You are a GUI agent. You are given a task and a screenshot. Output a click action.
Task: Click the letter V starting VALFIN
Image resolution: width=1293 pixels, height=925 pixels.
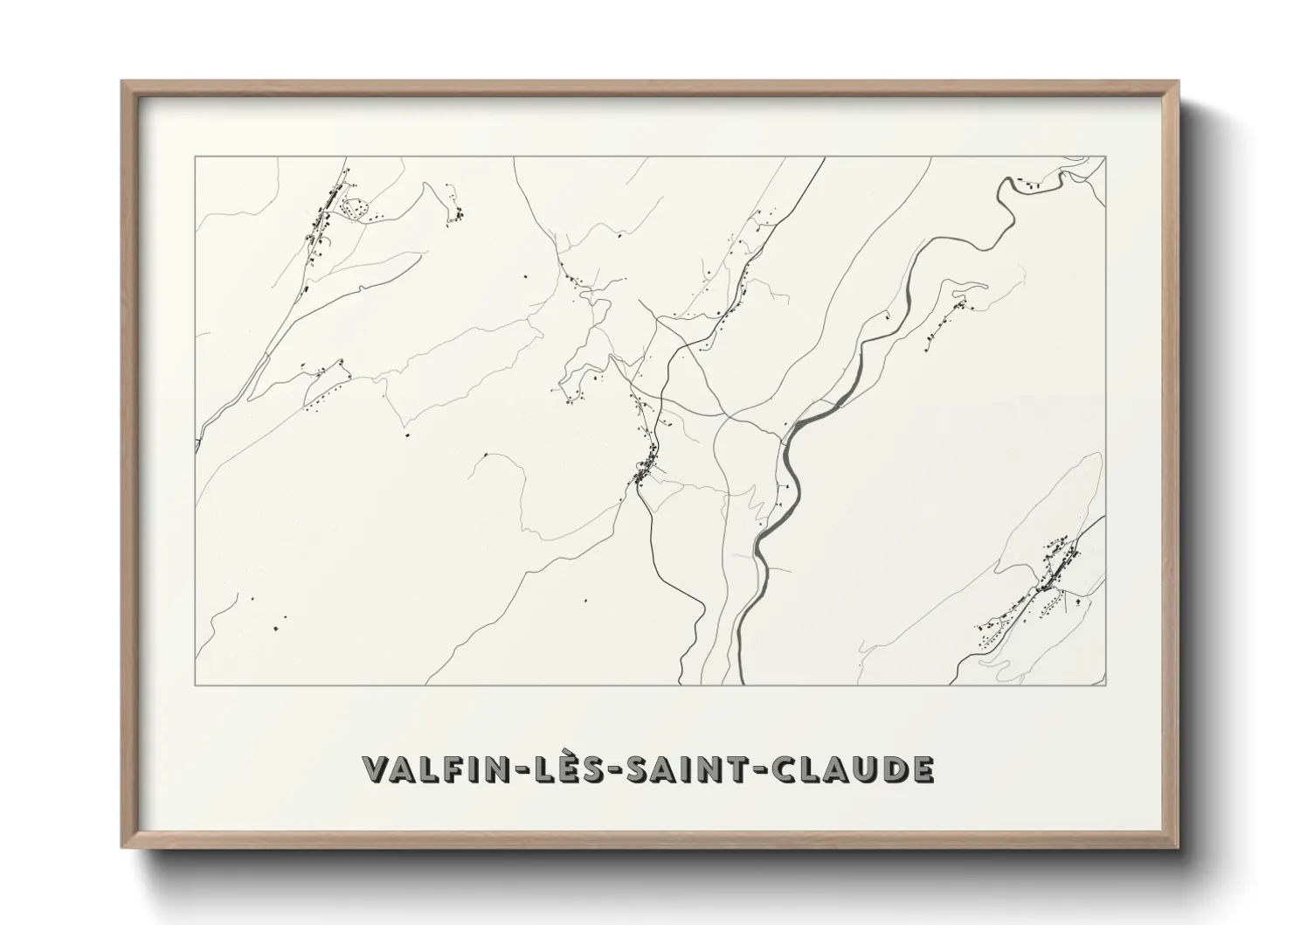click(376, 769)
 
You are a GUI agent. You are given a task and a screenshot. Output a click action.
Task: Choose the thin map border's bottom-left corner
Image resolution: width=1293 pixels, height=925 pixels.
click(196, 685)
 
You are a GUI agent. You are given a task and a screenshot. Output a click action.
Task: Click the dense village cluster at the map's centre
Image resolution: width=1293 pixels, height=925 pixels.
click(645, 474)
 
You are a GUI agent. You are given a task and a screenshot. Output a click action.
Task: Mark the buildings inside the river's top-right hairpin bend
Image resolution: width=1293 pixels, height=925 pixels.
click(1031, 184)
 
